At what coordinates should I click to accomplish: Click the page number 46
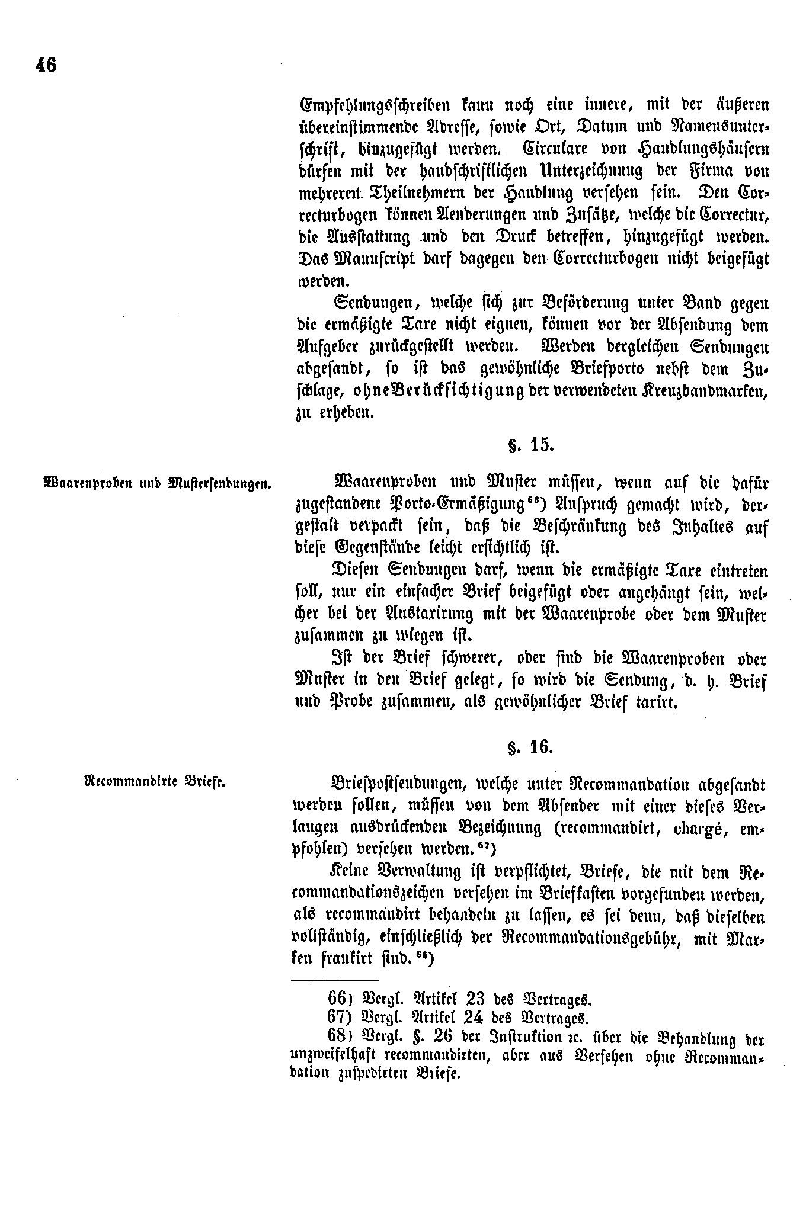(46, 65)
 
